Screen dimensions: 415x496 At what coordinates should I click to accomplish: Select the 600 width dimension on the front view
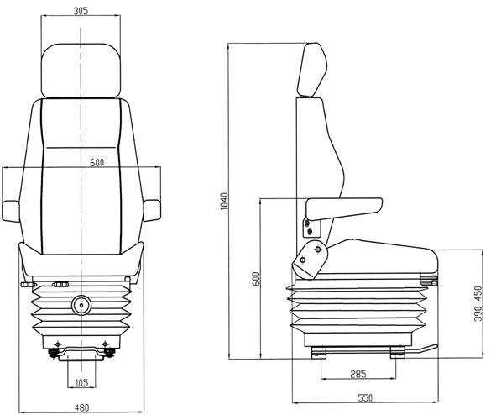96,163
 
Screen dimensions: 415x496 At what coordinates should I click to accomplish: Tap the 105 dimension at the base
81,384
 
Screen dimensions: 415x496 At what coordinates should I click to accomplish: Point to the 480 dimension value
81,408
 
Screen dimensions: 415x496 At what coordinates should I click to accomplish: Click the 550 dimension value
366,397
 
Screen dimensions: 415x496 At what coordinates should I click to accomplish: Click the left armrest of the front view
12,210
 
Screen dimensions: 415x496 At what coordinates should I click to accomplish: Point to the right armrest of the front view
153,210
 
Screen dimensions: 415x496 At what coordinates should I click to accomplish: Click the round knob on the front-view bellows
81,305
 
